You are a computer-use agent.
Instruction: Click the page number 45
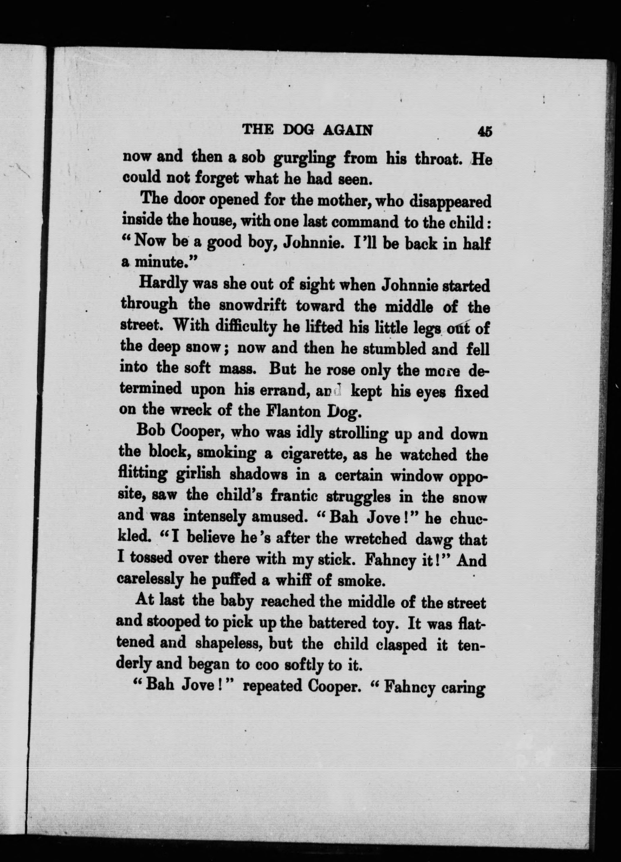click(485, 131)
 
